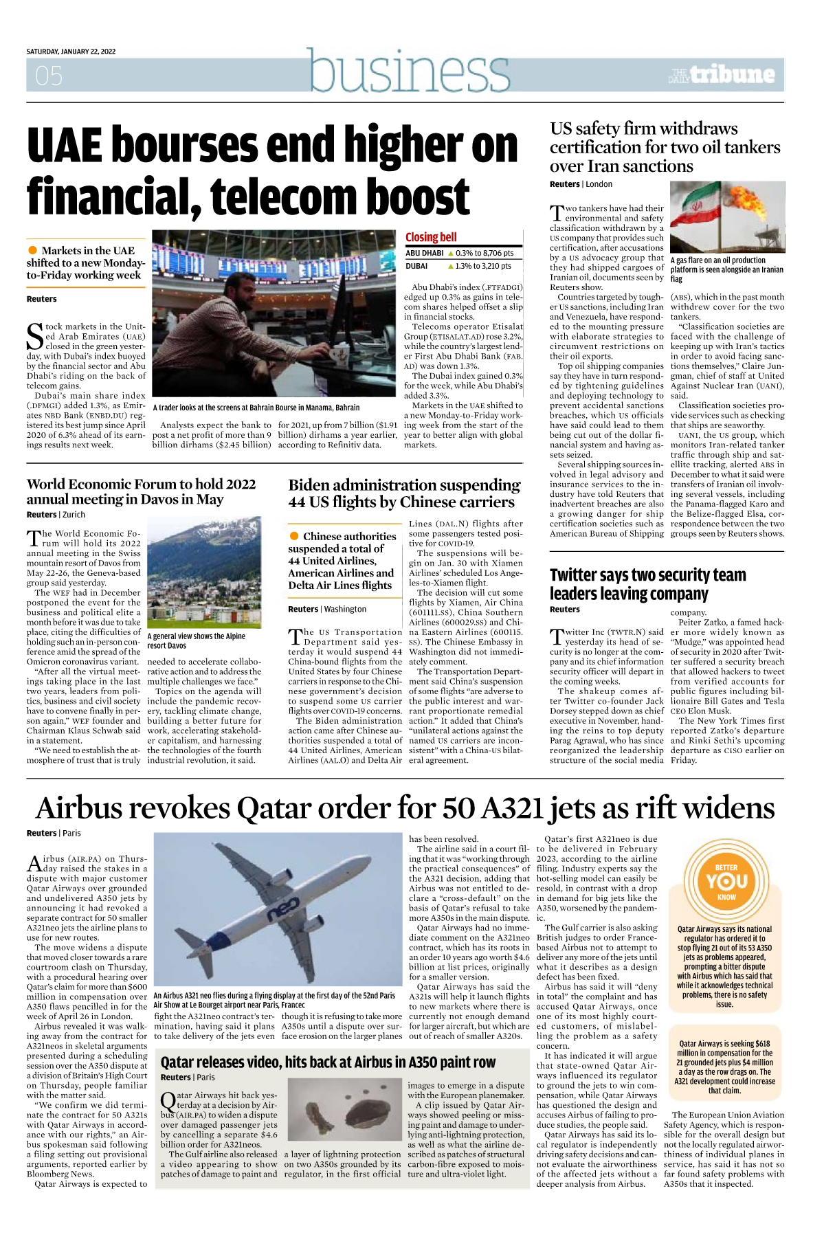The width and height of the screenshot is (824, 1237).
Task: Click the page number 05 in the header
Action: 49,76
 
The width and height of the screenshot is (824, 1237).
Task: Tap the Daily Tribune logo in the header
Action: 722,75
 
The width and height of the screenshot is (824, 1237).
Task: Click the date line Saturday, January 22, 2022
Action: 71,52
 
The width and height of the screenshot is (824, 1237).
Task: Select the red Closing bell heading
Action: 431,237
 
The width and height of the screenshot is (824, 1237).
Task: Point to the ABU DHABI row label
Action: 424,254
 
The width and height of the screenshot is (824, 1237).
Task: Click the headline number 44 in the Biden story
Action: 297,502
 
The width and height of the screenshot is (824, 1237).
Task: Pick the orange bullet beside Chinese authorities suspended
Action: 294,536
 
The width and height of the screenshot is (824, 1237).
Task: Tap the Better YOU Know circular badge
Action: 726,882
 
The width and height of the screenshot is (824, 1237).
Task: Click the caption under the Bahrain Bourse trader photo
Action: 256,408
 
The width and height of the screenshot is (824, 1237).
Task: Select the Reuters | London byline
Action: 581,184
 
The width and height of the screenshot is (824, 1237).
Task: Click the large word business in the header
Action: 410,71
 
